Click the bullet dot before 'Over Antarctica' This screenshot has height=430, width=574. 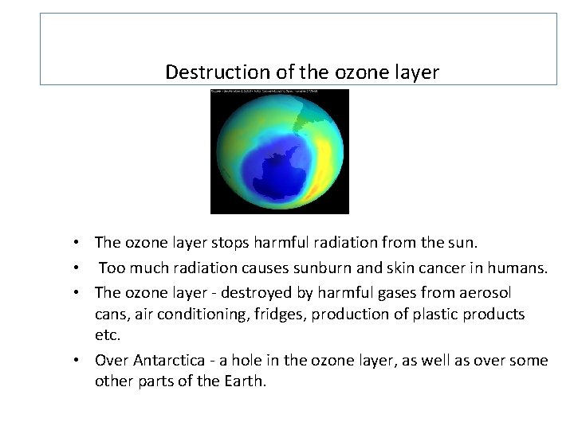click(83, 360)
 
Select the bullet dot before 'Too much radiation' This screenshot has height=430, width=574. click(83, 268)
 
